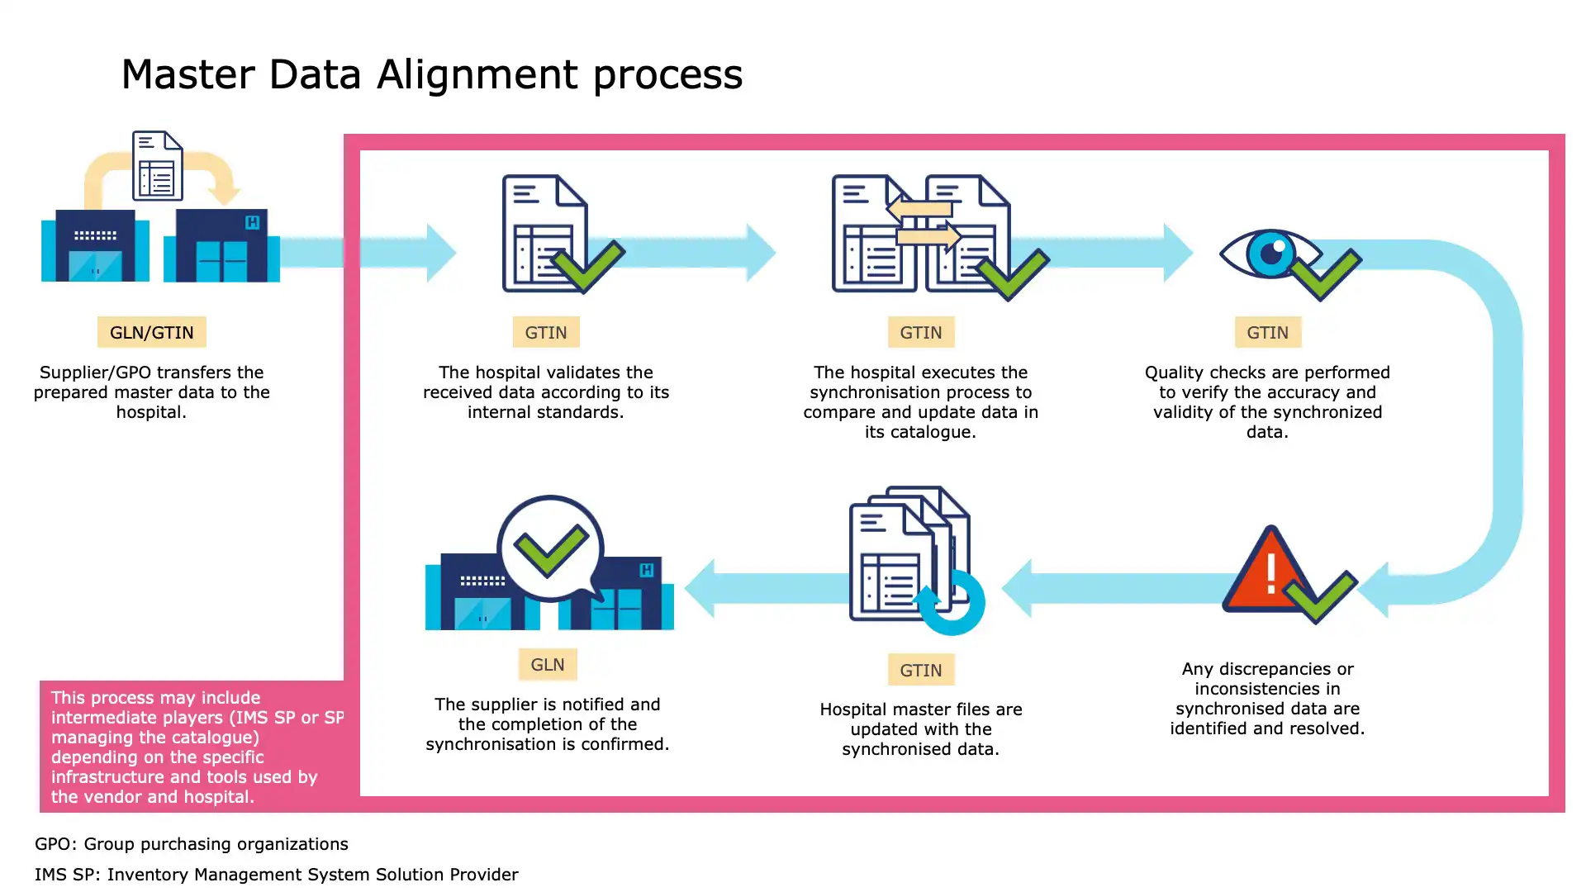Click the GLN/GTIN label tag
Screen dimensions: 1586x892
tap(152, 332)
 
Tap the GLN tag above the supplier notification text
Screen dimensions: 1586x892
tap(548, 664)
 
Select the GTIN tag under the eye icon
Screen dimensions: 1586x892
tap(1267, 332)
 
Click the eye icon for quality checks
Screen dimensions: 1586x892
tap(1270, 254)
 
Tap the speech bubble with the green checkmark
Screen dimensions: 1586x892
tap(551, 548)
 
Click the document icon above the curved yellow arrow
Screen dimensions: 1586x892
tap(157, 166)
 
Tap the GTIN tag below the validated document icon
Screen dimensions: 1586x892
tap(546, 332)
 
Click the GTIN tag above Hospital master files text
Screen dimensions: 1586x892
tap(921, 670)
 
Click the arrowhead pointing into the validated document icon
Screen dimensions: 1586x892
tap(441, 253)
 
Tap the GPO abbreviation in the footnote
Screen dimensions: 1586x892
tap(53, 844)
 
